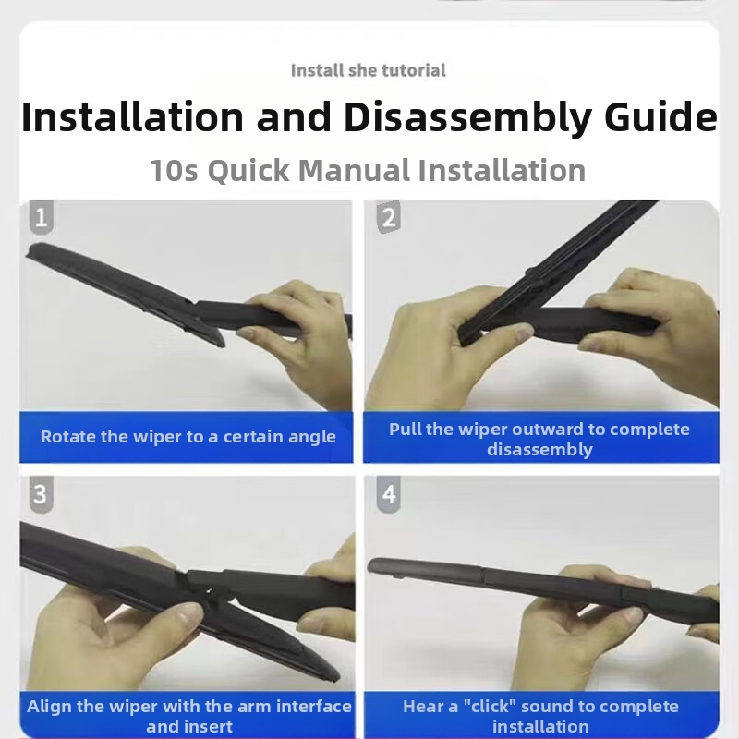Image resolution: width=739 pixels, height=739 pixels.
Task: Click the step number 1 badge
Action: pyautogui.click(x=41, y=217)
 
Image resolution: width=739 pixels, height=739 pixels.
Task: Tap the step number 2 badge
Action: pyautogui.click(x=388, y=217)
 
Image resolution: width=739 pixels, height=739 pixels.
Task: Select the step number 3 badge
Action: pyautogui.click(x=41, y=494)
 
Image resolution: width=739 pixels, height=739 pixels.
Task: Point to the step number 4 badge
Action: pyautogui.click(x=389, y=494)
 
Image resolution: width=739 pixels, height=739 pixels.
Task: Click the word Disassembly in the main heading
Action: pyautogui.click(x=467, y=118)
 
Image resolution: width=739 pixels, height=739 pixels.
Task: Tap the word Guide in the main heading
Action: pyautogui.click(x=660, y=117)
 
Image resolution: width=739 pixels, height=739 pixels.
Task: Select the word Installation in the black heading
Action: pyautogui.click(x=132, y=117)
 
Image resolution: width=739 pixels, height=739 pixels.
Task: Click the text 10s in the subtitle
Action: pyautogui.click(x=174, y=170)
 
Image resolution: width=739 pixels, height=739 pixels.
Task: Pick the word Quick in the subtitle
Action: pyautogui.click(x=248, y=171)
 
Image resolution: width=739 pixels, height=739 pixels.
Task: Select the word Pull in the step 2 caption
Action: pyautogui.click(x=405, y=429)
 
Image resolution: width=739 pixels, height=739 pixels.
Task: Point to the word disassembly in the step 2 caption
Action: pyautogui.click(x=539, y=450)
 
